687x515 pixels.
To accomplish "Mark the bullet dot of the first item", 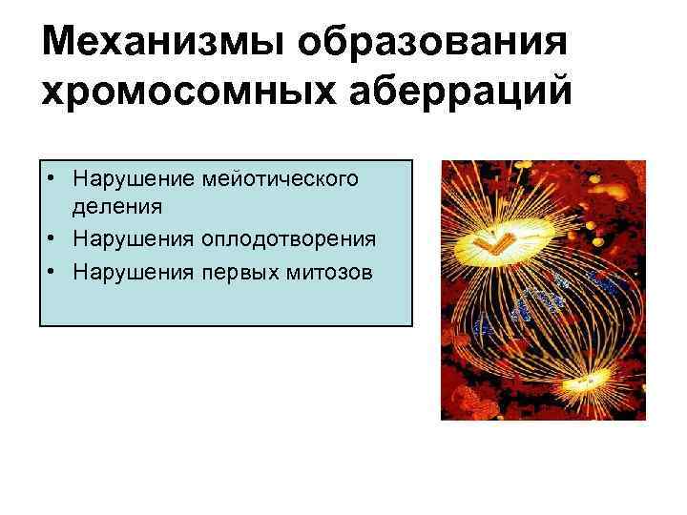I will click(x=54, y=179).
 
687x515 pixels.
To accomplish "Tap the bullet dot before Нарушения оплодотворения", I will click(x=54, y=237).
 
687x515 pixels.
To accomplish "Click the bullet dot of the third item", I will click(x=54, y=271).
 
